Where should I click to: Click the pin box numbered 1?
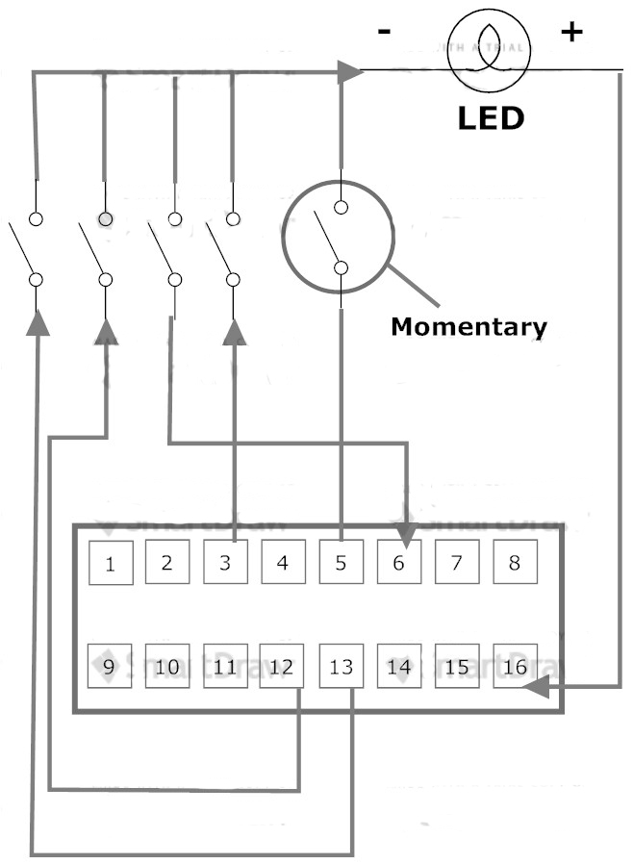(111, 562)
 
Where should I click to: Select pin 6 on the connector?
(399, 561)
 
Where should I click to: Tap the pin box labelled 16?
(516, 665)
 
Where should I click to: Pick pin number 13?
(342, 666)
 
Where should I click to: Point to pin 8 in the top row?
(515, 561)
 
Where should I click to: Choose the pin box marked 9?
(110, 665)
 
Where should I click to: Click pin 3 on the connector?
(225, 561)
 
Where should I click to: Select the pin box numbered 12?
(283, 665)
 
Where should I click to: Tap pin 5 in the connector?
(341, 561)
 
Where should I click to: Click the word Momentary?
(468, 326)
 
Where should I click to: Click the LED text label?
(491, 118)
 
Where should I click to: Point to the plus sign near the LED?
(571, 32)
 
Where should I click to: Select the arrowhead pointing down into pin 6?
(406, 527)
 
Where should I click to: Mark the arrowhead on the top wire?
(349, 70)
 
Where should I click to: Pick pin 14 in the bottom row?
(399, 665)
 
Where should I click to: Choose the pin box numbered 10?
(167, 665)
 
